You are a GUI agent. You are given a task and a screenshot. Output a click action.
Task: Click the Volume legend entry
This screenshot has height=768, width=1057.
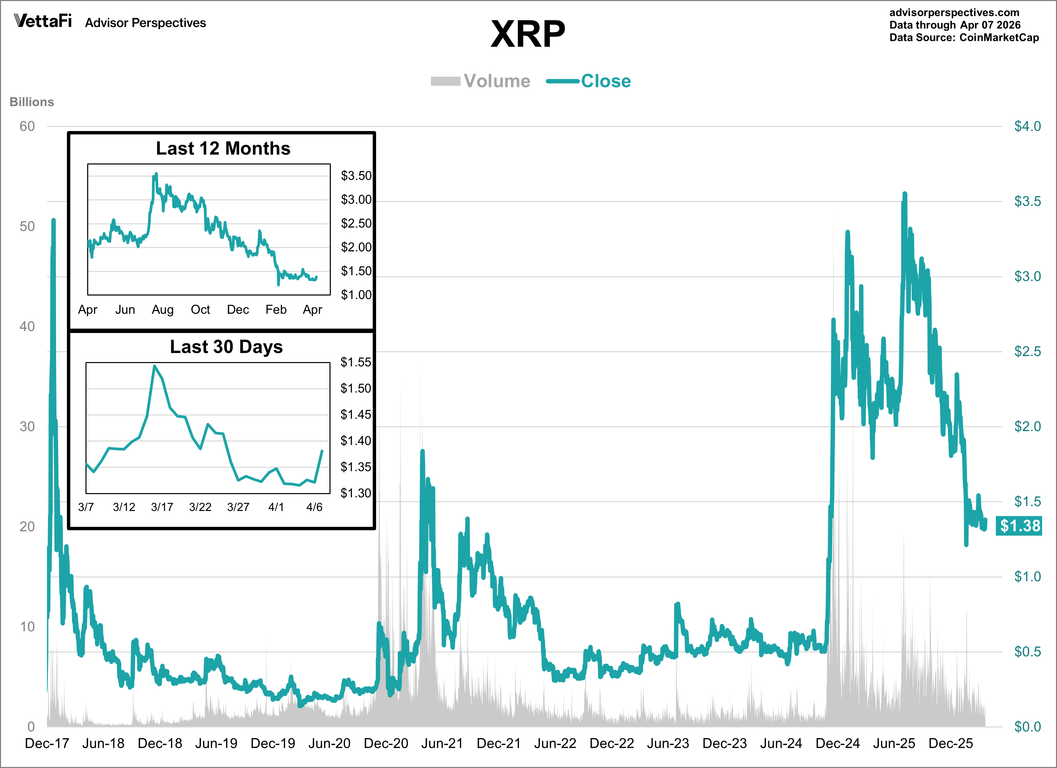point(481,81)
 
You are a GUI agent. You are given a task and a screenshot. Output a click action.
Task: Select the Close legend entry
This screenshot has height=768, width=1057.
point(589,81)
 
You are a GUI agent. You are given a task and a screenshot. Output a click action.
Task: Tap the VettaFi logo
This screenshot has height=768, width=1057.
point(43,21)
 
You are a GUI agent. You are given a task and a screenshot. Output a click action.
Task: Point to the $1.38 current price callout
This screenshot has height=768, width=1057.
point(1019,526)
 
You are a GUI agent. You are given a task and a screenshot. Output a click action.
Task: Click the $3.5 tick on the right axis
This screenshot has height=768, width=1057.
point(1027,201)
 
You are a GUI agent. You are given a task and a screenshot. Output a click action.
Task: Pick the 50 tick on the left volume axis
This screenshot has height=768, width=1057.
point(27,226)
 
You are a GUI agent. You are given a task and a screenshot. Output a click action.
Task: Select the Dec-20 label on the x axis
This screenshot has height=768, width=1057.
point(386,743)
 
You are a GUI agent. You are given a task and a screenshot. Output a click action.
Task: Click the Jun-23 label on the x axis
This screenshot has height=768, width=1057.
point(668,743)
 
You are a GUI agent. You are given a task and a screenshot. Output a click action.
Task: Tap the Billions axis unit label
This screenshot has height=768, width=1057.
point(32,102)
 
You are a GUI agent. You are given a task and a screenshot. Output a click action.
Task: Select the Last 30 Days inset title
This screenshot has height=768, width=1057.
point(226,347)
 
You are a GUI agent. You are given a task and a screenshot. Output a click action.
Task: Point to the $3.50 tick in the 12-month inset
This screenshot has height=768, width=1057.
point(356,176)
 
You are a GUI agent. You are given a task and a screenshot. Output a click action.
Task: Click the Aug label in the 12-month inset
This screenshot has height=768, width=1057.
point(163,310)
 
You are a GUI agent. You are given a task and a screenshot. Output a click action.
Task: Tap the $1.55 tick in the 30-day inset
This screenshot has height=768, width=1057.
point(355,362)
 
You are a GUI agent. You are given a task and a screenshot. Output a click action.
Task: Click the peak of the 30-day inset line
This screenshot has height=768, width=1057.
point(154,366)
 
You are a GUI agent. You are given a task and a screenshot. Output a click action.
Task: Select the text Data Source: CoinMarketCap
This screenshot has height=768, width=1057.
point(964,38)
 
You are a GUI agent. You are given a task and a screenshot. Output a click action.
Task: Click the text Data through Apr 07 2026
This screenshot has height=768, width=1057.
point(955,25)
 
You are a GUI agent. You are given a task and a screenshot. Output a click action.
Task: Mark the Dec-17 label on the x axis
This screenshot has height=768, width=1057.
point(47,743)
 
